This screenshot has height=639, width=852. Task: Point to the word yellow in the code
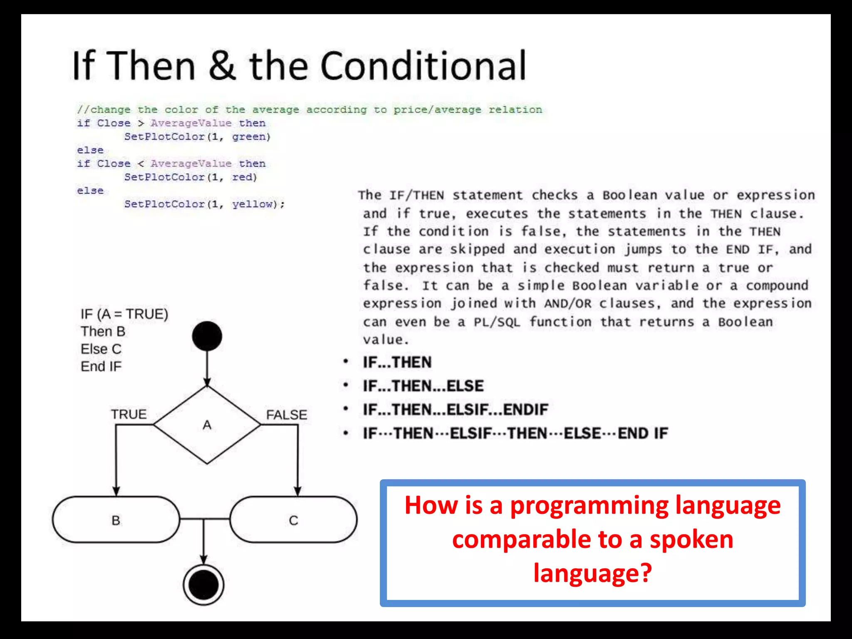click(253, 204)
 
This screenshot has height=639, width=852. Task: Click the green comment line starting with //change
click(310, 110)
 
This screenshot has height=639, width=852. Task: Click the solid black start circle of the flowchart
click(207, 336)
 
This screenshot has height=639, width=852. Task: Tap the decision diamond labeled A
click(207, 425)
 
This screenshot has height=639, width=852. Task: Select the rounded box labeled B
click(116, 520)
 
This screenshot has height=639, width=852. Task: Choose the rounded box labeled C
click(293, 520)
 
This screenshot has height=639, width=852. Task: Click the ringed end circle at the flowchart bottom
click(203, 585)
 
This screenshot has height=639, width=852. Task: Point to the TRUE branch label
click(129, 414)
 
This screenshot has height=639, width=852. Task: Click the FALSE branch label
click(286, 415)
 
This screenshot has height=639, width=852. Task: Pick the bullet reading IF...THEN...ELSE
click(423, 386)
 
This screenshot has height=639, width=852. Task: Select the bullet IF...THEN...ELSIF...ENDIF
click(455, 410)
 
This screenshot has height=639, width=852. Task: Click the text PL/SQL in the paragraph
click(497, 322)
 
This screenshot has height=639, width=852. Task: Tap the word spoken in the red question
click(691, 540)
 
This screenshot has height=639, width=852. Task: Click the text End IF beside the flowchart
click(101, 367)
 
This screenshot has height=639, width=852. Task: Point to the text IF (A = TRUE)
click(124, 314)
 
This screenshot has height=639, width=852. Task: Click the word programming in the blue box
click(589, 505)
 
